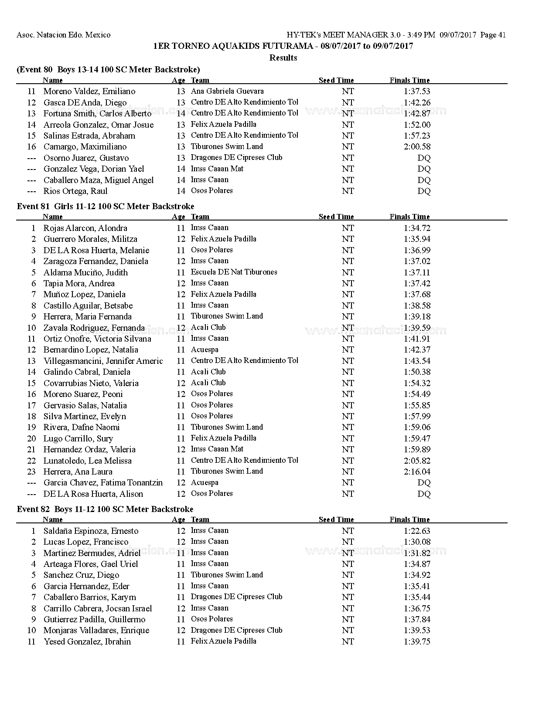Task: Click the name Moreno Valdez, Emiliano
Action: coord(89,92)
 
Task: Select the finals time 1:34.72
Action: coord(417,228)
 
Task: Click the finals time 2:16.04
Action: coord(417,471)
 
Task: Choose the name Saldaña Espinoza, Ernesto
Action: coord(91,531)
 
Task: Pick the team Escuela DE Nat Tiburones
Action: coord(234,272)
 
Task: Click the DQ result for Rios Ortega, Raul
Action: coord(423,191)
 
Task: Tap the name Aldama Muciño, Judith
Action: coord(85,273)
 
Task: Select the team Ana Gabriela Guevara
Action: coord(227,91)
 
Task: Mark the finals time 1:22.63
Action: coord(417,531)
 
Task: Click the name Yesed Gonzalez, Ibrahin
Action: coord(87,641)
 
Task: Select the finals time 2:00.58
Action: coord(417,147)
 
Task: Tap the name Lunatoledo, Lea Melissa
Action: coord(87,461)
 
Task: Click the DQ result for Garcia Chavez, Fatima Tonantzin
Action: coord(423,483)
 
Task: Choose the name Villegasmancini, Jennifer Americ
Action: coord(103,361)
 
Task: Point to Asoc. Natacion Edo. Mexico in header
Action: coord(64,35)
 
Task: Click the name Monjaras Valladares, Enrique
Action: coord(96,631)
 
